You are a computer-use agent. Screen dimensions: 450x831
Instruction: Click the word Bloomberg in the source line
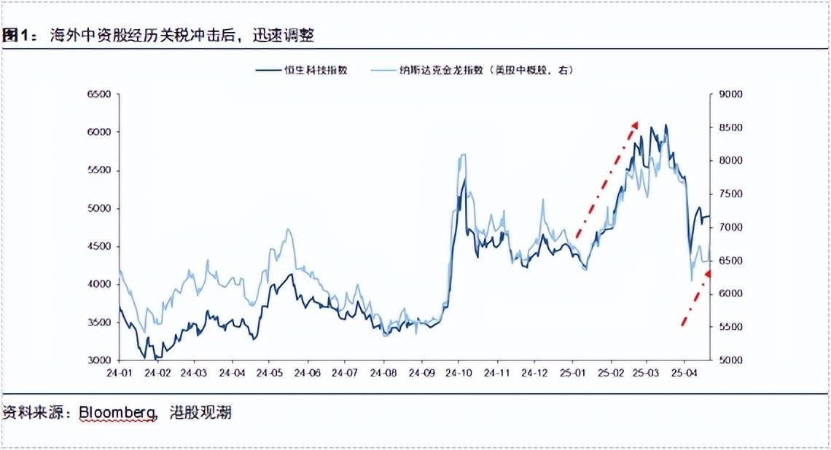tap(116, 413)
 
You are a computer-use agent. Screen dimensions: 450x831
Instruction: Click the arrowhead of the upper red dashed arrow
tap(634, 125)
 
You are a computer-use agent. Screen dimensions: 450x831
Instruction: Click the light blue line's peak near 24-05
tap(289, 230)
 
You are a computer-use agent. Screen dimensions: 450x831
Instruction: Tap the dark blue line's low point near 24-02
tap(146, 358)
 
